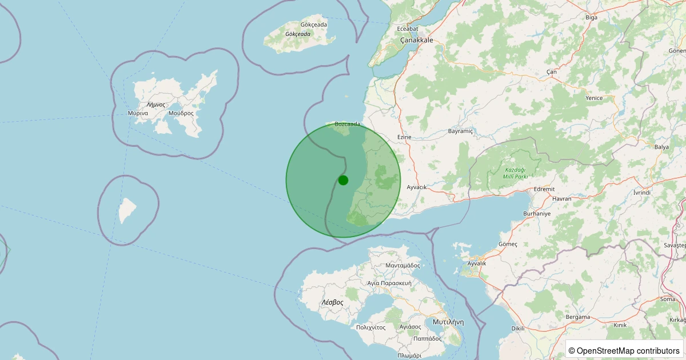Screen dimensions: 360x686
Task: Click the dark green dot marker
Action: [343, 180]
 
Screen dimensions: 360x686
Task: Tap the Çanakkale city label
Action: [416, 40]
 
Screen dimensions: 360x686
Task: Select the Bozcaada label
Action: [348, 124]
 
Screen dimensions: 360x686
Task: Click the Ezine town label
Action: [404, 137]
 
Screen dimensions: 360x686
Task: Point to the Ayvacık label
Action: [416, 187]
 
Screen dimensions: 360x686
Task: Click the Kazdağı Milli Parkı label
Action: [514, 173]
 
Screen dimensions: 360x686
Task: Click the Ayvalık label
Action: [477, 263]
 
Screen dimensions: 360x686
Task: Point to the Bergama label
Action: [577, 317]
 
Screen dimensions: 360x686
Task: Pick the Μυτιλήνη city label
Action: [448, 322]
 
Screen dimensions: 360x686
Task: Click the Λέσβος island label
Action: [332, 302]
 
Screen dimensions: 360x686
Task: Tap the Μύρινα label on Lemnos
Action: [138, 113]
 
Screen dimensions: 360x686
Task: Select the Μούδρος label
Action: [181, 113]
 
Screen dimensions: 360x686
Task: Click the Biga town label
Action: [591, 18]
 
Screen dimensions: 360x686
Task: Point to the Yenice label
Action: [594, 98]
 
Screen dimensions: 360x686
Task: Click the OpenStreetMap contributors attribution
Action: [625, 350]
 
